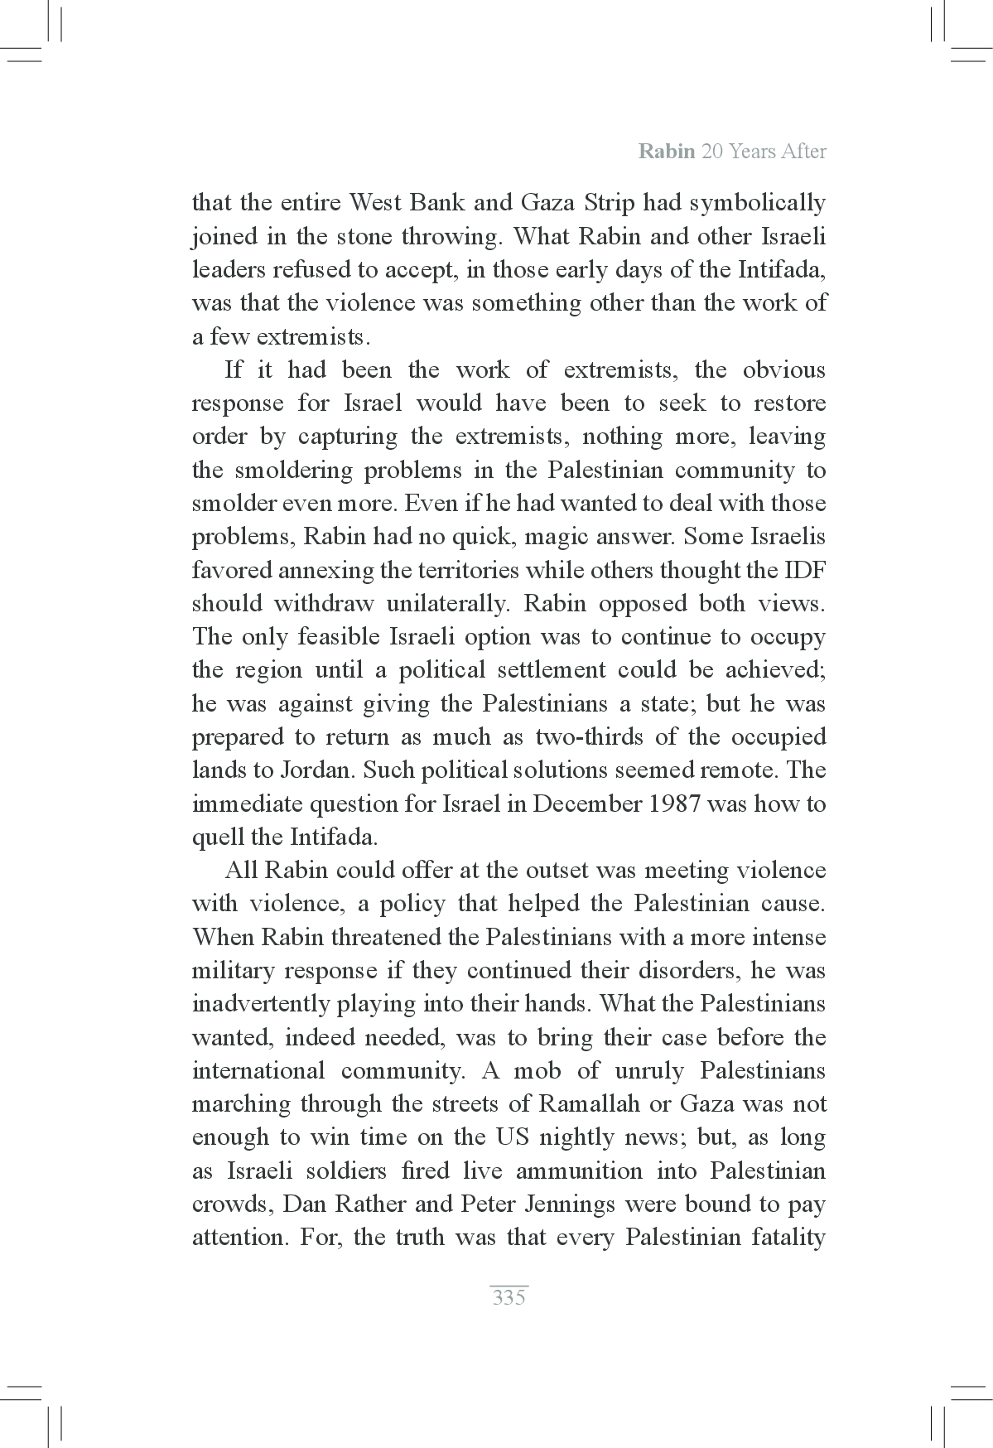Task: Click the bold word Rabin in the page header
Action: click(667, 152)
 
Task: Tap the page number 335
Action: click(509, 1297)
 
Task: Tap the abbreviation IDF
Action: click(804, 571)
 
